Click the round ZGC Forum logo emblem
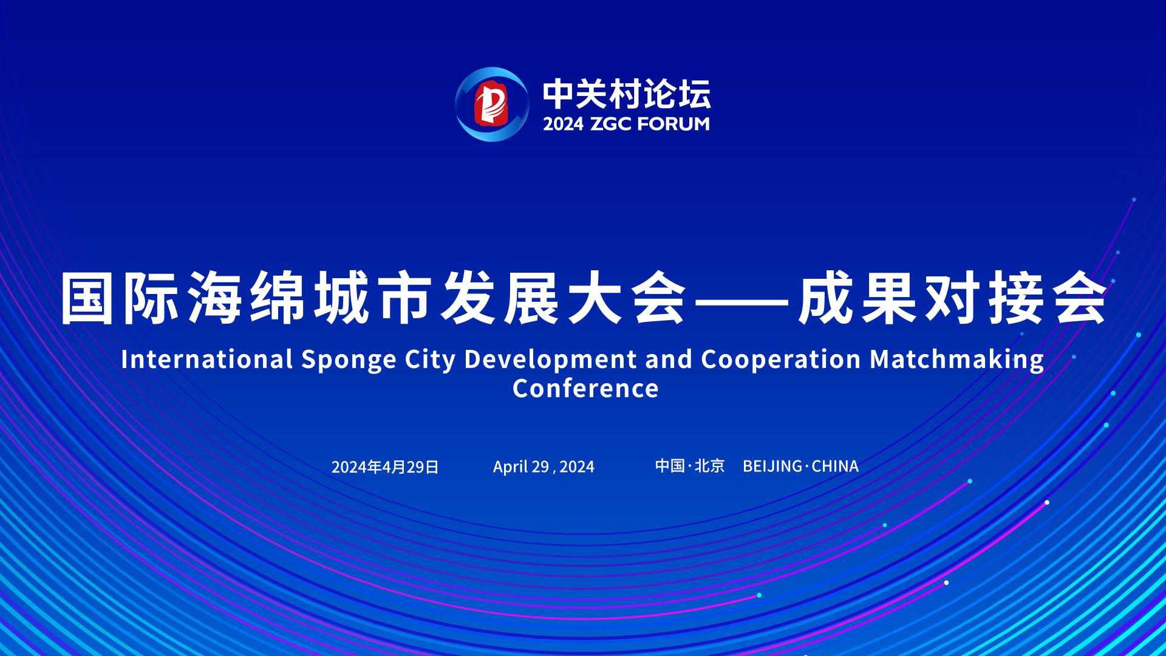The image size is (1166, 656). tap(492, 104)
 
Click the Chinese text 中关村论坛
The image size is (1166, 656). tap(627, 94)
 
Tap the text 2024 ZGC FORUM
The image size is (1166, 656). tap(626, 124)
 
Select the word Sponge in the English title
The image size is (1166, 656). tap(349, 360)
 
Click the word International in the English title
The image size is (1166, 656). tap(207, 359)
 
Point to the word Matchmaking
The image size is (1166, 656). tap(957, 360)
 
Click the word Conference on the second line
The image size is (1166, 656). tap(585, 389)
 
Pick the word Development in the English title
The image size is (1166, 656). tap(550, 360)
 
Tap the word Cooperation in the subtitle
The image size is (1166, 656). tap(781, 360)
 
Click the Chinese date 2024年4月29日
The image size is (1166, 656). tap(385, 467)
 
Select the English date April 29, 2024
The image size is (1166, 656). tap(544, 467)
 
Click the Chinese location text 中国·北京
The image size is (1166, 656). tap(690, 466)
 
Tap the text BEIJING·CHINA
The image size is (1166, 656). tap(800, 466)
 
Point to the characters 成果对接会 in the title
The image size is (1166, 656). tap(953, 298)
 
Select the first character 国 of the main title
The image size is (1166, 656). tap(87, 298)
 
